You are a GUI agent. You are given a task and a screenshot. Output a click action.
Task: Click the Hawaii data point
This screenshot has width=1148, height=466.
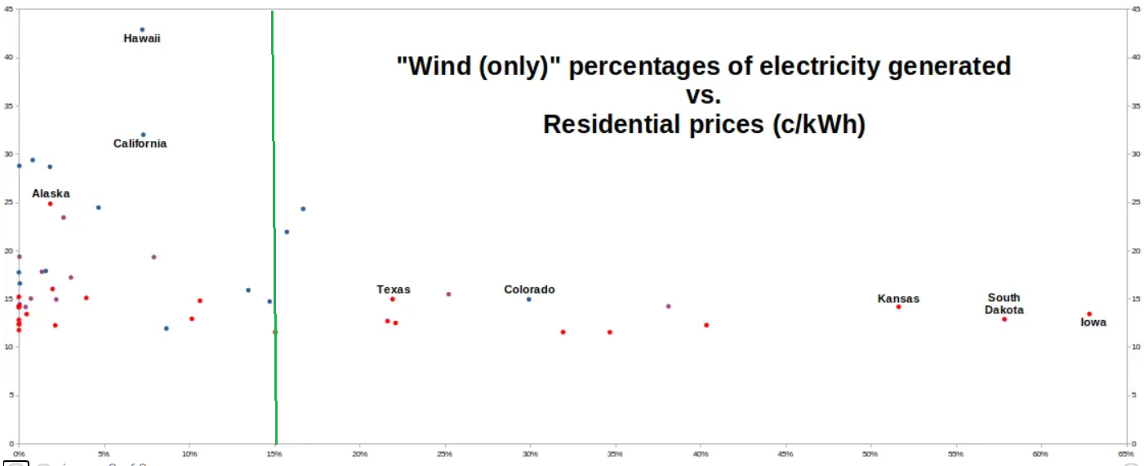click(x=142, y=29)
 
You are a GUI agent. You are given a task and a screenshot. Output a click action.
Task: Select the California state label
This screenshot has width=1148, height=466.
click(x=140, y=144)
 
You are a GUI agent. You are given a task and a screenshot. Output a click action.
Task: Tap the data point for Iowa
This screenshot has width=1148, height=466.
click(x=1089, y=314)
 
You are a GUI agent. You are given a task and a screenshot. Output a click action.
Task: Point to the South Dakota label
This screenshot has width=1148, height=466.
click(x=1003, y=304)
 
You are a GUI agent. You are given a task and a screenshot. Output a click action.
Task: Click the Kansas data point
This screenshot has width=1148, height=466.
click(x=898, y=307)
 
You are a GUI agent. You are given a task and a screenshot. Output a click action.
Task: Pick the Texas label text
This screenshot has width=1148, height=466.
click(x=394, y=290)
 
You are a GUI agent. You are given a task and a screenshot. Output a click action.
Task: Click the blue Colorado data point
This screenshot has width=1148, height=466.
click(x=529, y=300)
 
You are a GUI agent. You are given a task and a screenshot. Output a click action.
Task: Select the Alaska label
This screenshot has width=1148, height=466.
click(x=51, y=193)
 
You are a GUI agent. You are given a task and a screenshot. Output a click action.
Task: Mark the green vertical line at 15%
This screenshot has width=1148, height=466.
click(x=274, y=229)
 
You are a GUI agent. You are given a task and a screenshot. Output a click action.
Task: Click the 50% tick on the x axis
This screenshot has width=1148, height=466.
click(x=870, y=454)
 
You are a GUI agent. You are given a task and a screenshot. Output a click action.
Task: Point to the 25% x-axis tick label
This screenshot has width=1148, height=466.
click(x=444, y=454)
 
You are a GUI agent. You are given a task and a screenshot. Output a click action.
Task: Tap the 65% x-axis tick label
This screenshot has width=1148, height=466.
click(x=1126, y=454)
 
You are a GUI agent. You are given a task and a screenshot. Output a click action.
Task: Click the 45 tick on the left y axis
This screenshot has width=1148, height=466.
click(x=8, y=9)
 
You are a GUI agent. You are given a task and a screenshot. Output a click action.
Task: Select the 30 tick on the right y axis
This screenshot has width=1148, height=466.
click(x=1137, y=154)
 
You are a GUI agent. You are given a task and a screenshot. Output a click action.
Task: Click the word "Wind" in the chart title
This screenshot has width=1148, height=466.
click(x=435, y=66)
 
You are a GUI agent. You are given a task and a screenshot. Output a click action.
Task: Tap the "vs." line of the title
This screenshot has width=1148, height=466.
click(x=704, y=95)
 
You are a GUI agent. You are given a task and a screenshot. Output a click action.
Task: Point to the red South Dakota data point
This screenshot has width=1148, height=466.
click(x=1004, y=319)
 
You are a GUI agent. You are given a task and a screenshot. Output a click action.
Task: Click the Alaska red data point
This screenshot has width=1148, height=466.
click(x=50, y=203)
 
